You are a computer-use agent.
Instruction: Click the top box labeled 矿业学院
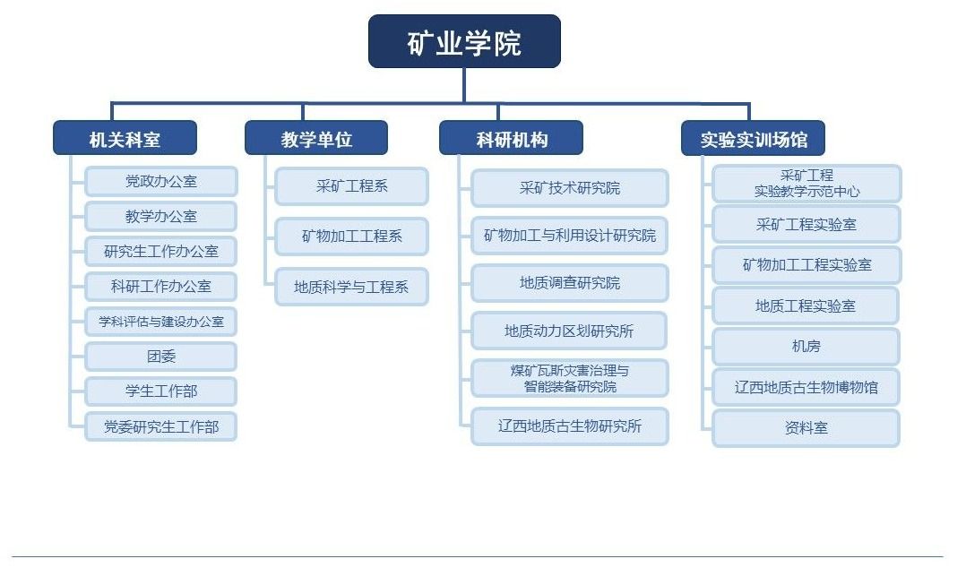pos(464,41)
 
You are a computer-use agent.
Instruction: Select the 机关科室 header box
pos(125,137)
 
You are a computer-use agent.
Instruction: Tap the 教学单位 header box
pos(316,137)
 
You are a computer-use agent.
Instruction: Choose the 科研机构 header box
pos(511,137)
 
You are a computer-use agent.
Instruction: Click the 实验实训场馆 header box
pos(753,138)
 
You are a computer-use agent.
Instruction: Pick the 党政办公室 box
pos(160,182)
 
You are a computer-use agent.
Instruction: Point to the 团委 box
pos(160,357)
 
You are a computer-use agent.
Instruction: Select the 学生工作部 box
pos(160,391)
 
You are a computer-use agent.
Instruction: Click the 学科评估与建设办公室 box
pos(160,322)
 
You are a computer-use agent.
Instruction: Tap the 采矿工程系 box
pos(352,186)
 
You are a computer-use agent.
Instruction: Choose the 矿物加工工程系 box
pos(352,236)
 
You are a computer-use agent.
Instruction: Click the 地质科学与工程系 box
pos(352,287)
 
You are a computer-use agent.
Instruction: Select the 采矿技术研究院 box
pos(570,188)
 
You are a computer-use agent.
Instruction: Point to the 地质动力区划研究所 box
pos(569,331)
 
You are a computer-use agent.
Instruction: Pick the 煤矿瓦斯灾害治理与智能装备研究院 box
pos(570,378)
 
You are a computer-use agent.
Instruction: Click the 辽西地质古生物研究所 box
pos(570,426)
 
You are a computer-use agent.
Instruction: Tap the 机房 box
pos(806,346)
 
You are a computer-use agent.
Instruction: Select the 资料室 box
pos(806,427)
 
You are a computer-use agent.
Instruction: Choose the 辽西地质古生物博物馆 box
pos(806,387)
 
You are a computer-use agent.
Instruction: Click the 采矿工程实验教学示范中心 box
pos(806,184)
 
